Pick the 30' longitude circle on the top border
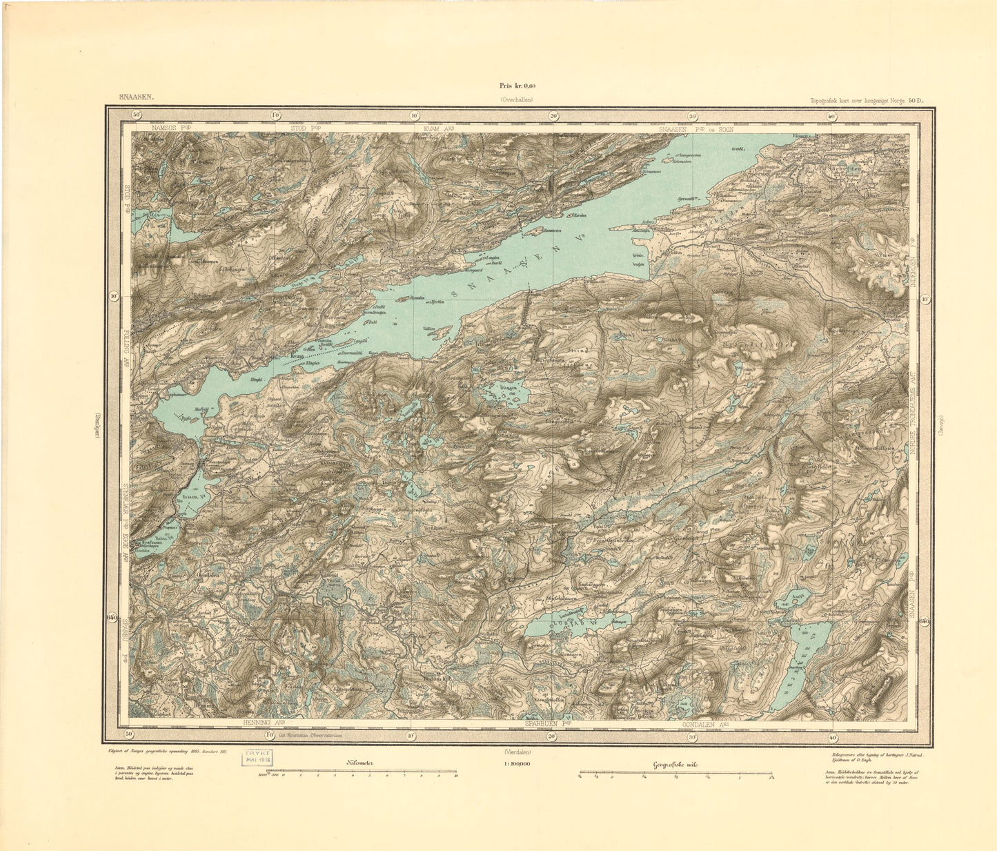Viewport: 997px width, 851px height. click(692, 116)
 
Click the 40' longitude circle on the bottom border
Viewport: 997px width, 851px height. click(831, 736)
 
